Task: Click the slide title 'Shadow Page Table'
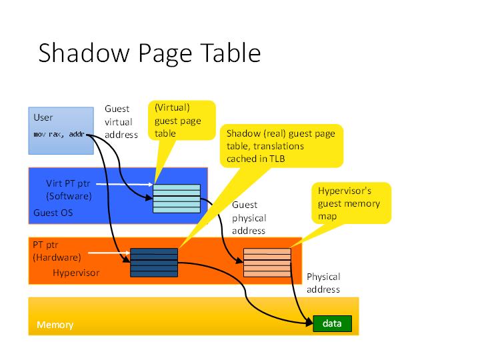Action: pyautogui.click(x=149, y=53)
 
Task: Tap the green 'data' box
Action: pyautogui.click(x=332, y=324)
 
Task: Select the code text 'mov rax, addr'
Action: pyautogui.click(x=60, y=135)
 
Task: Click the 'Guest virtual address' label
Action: pyautogui.click(x=121, y=121)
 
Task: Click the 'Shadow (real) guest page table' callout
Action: pyautogui.click(x=281, y=145)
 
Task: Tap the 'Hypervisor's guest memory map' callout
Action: pyautogui.click(x=351, y=203)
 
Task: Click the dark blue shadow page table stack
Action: pyautogui.click(x=154, y=263)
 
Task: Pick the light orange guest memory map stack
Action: pyautogui.click(x=267, y=261)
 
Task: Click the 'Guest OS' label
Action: pyautogui.click(x=53, y=213)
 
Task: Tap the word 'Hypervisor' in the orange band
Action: pyautogui.click(x=76, y=273)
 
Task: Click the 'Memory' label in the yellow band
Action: pyautogui.click(x=55, y=325)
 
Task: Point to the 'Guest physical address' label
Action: pyautogui.click(x=249, y=218)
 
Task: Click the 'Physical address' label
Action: pyautogui.click(x=323, y=283)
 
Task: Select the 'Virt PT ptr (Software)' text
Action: pyautogui.click(x=69, y=189)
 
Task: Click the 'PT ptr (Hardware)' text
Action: pyautogui.click(x=57, y=251)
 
